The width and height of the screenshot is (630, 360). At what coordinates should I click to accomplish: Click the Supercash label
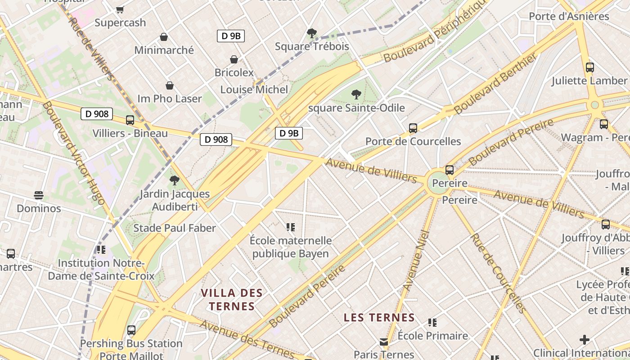coord(120,22)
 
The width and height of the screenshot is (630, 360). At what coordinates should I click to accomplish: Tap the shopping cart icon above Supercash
coord(120,9)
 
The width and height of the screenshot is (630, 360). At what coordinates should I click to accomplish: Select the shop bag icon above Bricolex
coord(234,59)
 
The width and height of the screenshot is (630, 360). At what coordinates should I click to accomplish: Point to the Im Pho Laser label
coord(170,99)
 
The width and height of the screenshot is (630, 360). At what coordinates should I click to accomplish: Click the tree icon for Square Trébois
coord(311,33)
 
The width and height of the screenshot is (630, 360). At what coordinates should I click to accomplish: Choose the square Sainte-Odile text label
coord(357,108)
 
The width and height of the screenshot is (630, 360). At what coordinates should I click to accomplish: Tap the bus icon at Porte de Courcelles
coord(413,128)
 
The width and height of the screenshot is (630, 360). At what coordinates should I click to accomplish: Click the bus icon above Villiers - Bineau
coord(130,120)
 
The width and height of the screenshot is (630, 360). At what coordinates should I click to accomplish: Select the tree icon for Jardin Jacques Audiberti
coord(175,181)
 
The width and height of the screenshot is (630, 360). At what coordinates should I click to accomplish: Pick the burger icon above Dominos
coord(39,195)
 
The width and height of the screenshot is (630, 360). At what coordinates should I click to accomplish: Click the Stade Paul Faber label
coord(175,228)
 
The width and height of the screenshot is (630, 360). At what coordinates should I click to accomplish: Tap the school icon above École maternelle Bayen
coord(291,227)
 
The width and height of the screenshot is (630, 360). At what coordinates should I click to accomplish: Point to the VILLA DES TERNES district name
coord(231,300)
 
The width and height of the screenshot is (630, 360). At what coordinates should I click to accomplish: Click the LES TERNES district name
coord(379,318)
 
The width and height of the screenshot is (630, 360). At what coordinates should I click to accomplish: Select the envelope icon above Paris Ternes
coord(384,342)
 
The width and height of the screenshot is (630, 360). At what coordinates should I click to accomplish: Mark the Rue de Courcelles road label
coord(498,273)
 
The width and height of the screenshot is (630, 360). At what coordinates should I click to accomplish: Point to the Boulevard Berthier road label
coord(495,84)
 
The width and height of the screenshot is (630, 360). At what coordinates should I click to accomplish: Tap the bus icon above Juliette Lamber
coord(590,67)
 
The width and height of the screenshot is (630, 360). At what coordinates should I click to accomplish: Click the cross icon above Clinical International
coord(585,339)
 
